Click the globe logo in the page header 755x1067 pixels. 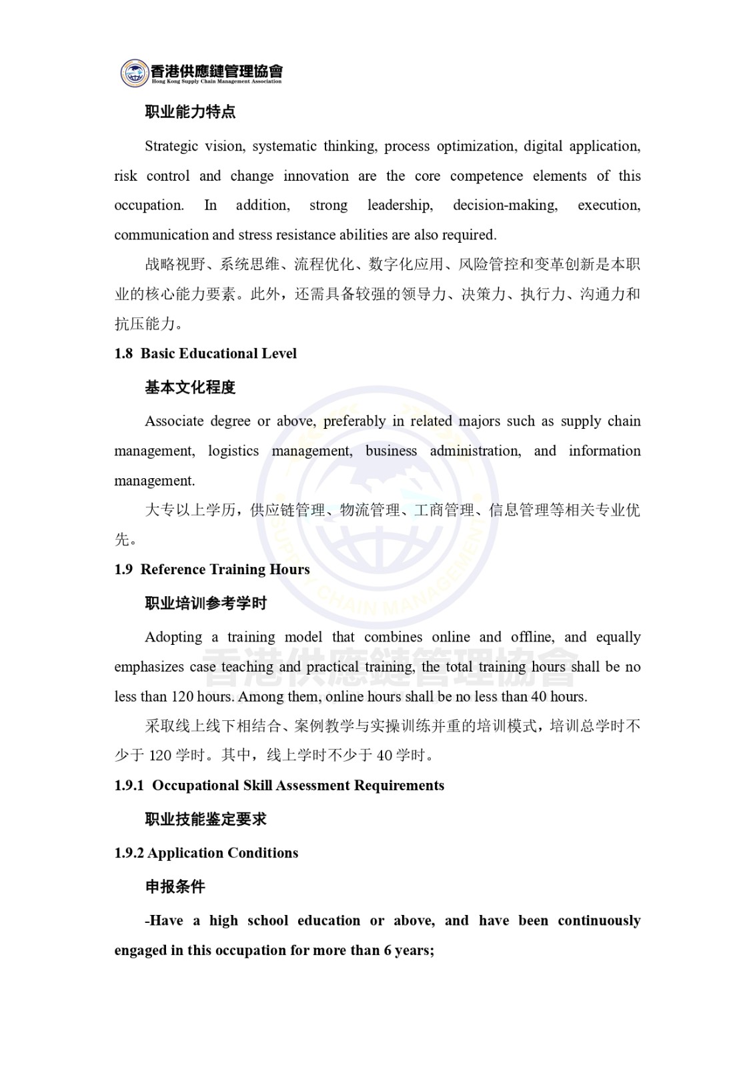[x=135, y=72]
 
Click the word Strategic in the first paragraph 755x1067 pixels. [x=171, y=146]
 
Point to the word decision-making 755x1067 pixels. [x=505, y=205]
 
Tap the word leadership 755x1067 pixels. [x=400, y=205]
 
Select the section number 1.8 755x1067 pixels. [x=123, y=353]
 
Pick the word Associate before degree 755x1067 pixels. [x=173, y=421]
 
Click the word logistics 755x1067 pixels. [x=233, y=451]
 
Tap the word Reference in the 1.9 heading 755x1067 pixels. [x=173, y=570]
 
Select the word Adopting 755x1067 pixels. [x=173, y=637]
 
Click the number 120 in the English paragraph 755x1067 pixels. [x=182, y=696]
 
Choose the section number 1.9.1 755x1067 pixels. [x=129, y=786]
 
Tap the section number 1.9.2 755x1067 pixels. [x=129, y=853]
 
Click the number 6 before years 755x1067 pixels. [x=388, y=950]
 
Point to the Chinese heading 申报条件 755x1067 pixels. [x=175, y=887]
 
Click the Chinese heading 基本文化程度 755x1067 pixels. [x=190, y=387]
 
